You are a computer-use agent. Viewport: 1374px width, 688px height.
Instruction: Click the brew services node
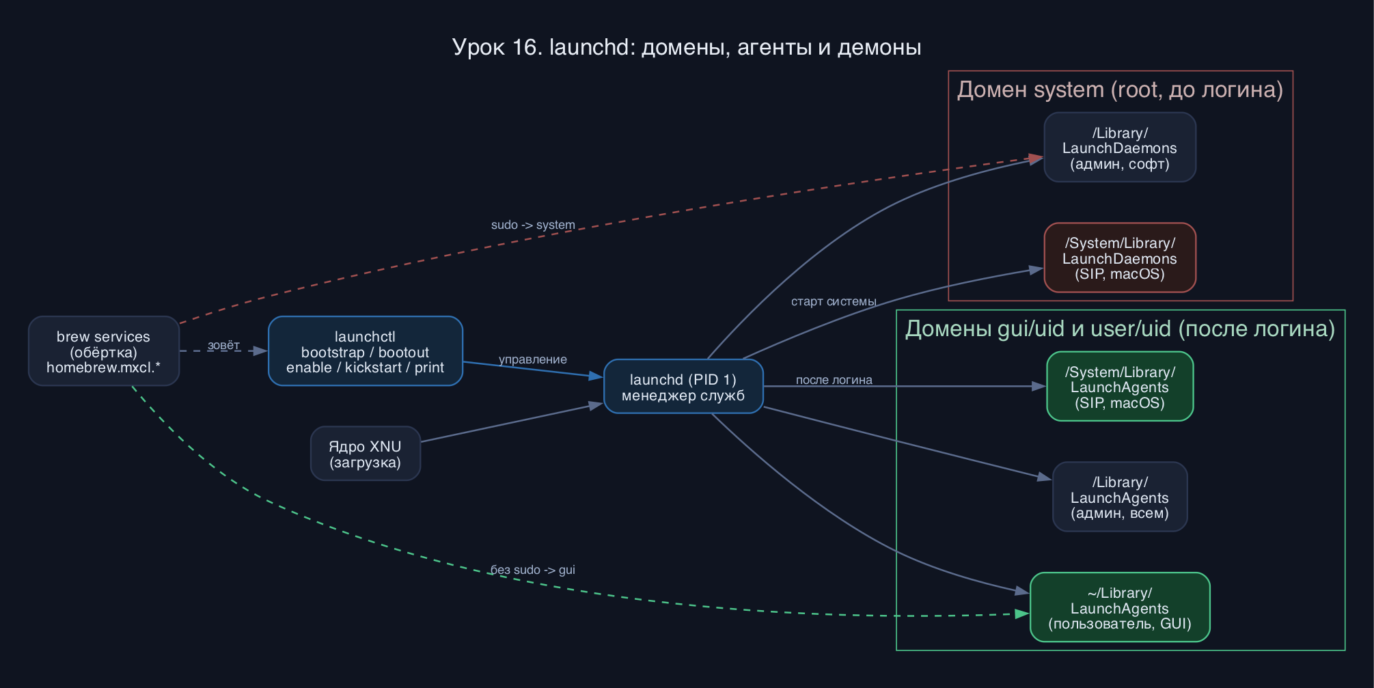click(104, 351)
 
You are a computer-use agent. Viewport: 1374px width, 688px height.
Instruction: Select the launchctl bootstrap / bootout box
click(366, 351)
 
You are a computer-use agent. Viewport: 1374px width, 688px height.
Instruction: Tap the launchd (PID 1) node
click(683, 387)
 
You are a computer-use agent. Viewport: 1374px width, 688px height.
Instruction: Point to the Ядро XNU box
click(366, 454)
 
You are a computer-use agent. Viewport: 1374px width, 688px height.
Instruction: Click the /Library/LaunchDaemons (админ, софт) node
click(1120, 148)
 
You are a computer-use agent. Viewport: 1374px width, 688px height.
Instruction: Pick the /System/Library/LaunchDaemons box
click(1120, 258)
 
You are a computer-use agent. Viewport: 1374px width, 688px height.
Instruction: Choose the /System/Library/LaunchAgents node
click(1120, 387)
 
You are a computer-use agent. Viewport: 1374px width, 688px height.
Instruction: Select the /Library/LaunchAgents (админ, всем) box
click(1120, 497)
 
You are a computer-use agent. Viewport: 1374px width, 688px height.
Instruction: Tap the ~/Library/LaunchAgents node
click(1120, 607)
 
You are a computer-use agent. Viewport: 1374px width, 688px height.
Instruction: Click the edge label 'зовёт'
click(223, 346)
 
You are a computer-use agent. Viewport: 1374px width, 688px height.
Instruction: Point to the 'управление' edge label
click(533, 359)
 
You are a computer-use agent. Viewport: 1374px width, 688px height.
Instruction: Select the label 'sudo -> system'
click(533, 225)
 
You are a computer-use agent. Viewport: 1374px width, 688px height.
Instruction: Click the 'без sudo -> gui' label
click(533, 570)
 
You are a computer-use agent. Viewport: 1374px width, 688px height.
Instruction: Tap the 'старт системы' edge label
click(834, 301)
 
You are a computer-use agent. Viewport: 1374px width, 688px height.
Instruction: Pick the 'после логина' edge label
click(834, 380)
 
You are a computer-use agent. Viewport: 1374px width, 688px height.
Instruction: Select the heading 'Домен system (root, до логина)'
click(1120, 90)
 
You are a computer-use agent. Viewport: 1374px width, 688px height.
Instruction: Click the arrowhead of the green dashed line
click(1022, 614)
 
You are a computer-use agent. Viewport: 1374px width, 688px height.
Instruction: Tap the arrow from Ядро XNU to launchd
click(512, 422)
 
